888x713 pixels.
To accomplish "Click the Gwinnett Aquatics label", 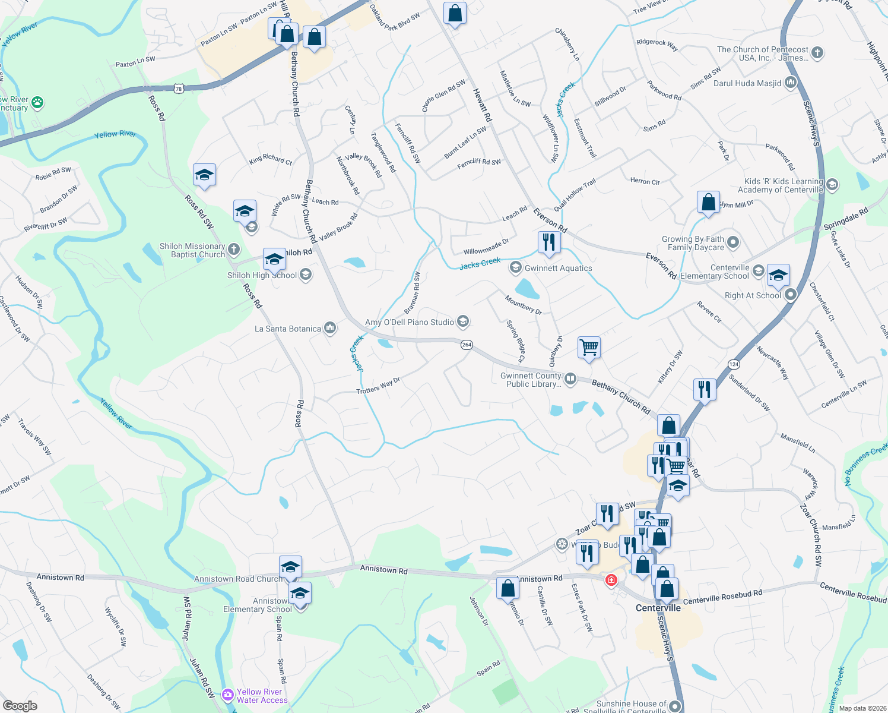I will [x=558, y=268].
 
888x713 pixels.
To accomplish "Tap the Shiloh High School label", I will [x=262, y=275].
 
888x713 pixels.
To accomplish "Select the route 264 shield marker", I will [x=467, y=345].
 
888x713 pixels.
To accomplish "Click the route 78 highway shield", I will [x=179, y=89].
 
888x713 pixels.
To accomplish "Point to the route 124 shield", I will [x=734, y=364].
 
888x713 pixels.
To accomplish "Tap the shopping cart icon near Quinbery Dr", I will [x=589, y=347].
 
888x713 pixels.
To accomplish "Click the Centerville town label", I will [x=658, y=608].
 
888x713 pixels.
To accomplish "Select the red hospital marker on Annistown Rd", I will [x=611, y=580].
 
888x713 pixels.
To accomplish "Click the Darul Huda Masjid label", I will [x=747, y=83].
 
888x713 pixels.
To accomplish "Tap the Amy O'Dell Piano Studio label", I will [x=409, y=322].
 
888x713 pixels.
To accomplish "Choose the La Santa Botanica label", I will [x=288, y=329].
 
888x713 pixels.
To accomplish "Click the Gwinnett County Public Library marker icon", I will [x=570, y=378].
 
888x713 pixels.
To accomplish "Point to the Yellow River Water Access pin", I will [x=227, y=695].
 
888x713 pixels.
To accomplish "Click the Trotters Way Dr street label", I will [x=378, y=386].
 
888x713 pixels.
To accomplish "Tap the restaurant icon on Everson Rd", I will [x=548, y=242].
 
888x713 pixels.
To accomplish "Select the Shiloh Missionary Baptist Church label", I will [x=192, y=250].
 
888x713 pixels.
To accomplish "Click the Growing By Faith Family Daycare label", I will [x=693, y=243].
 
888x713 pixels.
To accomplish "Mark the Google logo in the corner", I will [x=20, y=705].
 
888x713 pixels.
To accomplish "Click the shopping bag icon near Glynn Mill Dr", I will [x=708, y=203].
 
